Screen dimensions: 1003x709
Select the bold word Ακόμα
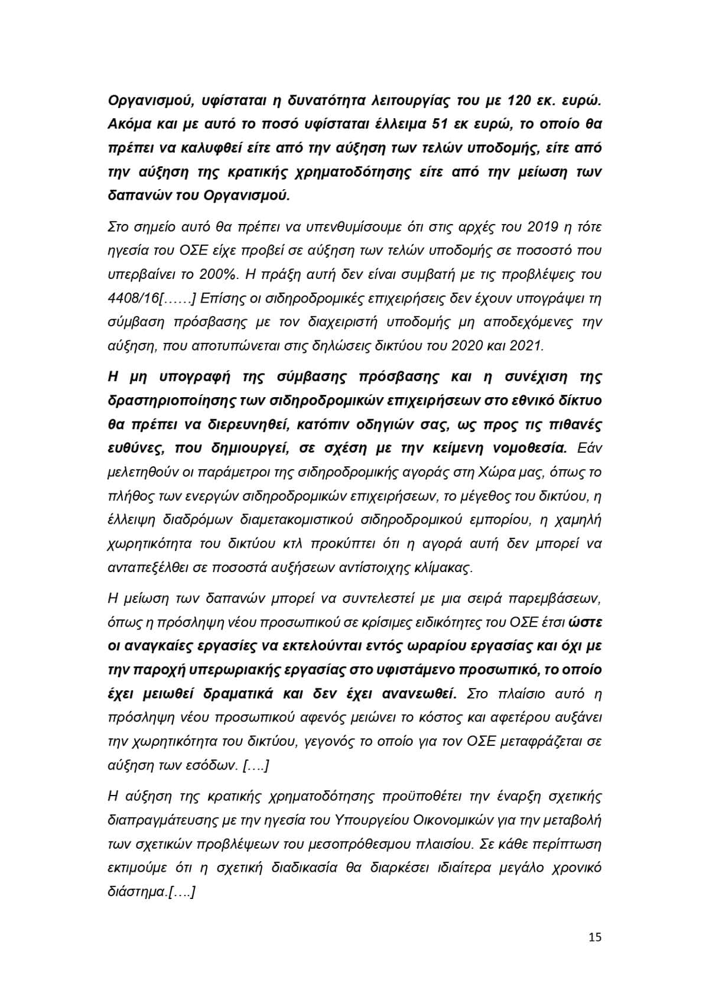coord(131,125)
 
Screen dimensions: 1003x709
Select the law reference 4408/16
coord(134,298)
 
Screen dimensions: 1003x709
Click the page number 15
coord(595,937)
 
